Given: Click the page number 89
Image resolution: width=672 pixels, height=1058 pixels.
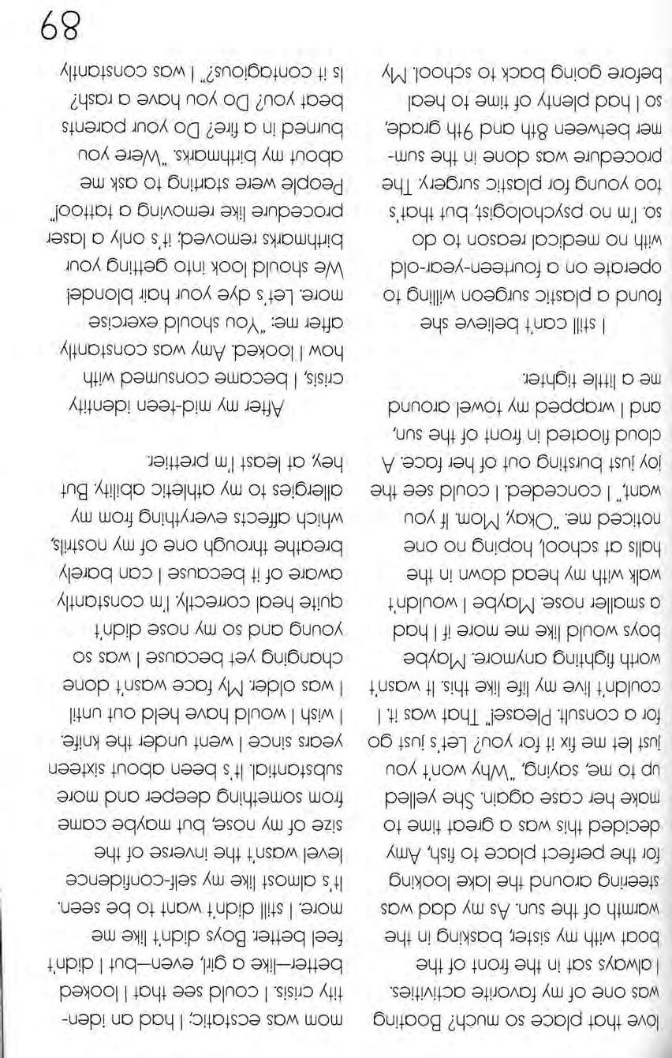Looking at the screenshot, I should point(55,33).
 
